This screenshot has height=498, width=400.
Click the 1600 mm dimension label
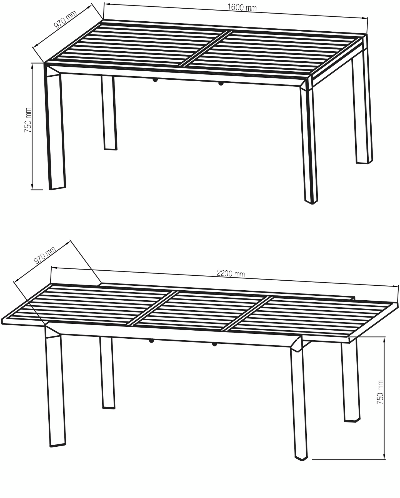pyautogui.click(x=242, y=7)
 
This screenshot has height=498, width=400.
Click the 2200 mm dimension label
pyautogui.click(x=231, y=273)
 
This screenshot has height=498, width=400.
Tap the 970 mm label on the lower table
pyautogui.click(x=45, y=255)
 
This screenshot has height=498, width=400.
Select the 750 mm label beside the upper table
pyautogui.click(x=28, y=120)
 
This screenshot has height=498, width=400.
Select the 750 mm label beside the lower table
pyautogui.click(x=380, y=392)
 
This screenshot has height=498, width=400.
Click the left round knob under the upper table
pyautogui.click(x=155, y=80)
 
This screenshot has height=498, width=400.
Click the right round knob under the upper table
pyautogui.click(x=221, y=83)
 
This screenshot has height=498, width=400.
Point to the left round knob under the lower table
pyautogui.click(x=151, y=341)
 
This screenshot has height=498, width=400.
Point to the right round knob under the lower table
pyautogui.click(x=214, y=344)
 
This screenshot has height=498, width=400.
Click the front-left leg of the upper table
pyautogui.click(x=55, y=130)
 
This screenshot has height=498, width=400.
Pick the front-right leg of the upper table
pyautogui.click(x=309, y=144)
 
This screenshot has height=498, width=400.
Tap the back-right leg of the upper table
pyautogui.click(x=362, y=111)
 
